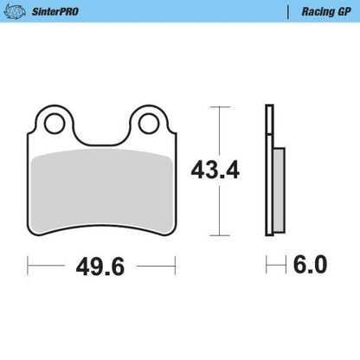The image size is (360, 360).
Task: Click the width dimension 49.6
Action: pyautogui.click(x=100, y=266)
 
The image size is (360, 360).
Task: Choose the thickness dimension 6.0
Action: pyautogui.click(x=309, y=266)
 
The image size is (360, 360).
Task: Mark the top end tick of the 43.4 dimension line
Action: pyautogui.click(x=222, y=106)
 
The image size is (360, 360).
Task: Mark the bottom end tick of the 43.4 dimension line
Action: pyautogui.click(x=222, y=235)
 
